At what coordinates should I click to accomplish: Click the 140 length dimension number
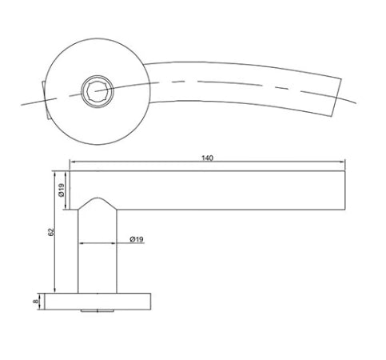(209, 158)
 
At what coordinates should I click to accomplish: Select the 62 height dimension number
(50, 232)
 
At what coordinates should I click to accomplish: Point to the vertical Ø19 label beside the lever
(61, 190)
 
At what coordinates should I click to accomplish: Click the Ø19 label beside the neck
(136, 239)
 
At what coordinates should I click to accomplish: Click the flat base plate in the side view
(97, 301)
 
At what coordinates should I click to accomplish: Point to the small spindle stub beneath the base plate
(97, 312)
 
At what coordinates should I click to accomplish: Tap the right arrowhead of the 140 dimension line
(344, 164)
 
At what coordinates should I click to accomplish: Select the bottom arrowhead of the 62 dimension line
(55, 290)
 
